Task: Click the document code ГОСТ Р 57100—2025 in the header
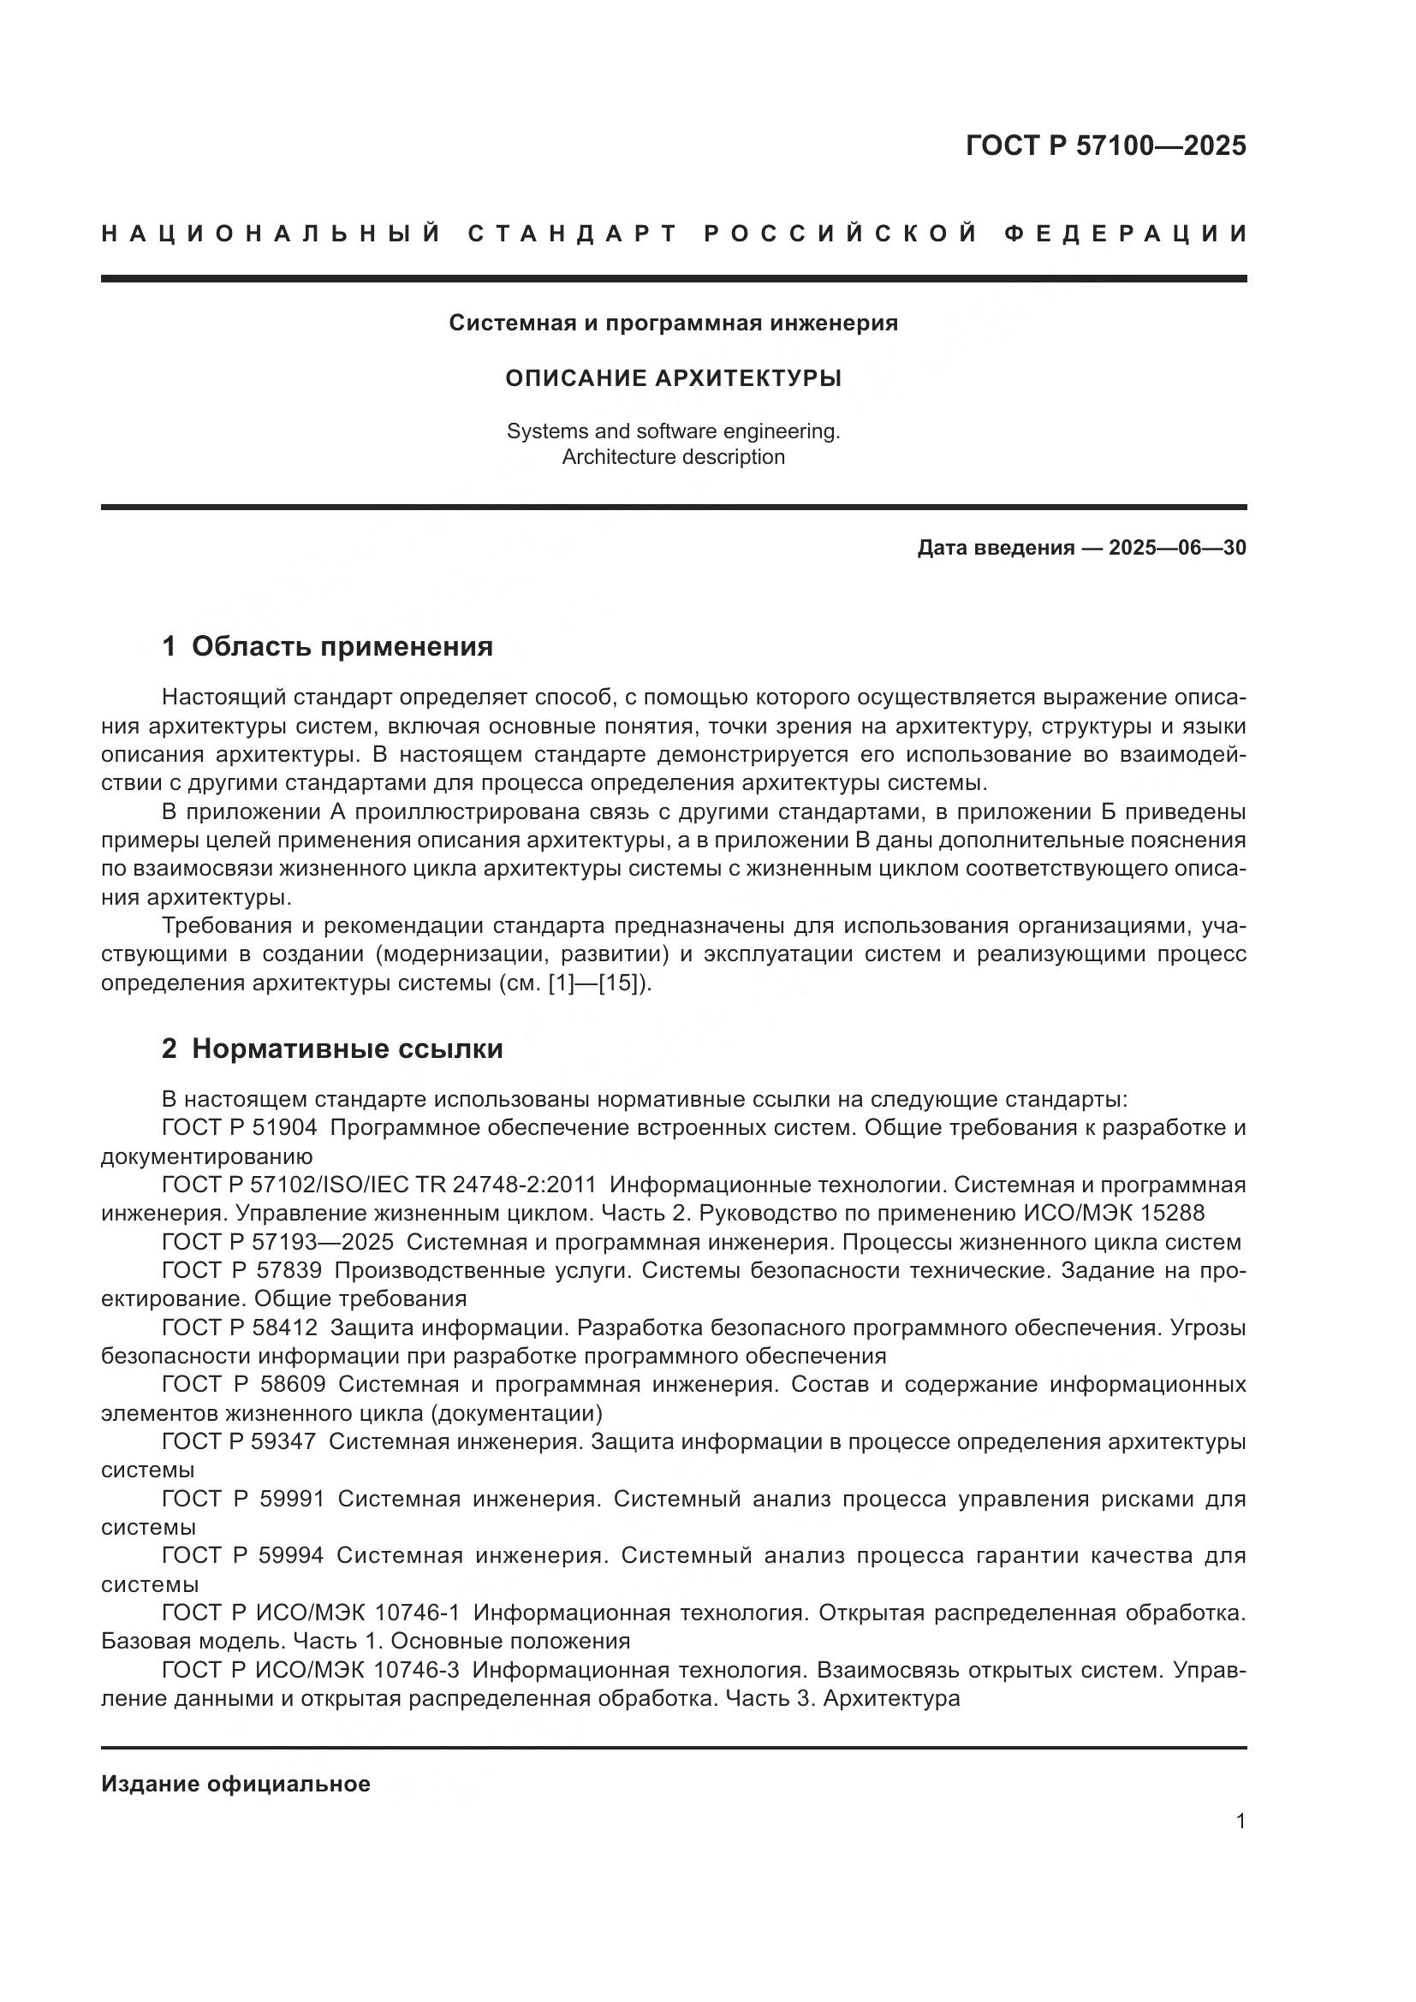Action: pos(1104,146)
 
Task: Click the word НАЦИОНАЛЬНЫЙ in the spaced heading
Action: pos(271,234)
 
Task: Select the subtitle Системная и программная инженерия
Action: pos(673,324)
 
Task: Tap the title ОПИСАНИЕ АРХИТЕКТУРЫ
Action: pos(673,378)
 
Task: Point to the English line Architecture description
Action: pos(673,457)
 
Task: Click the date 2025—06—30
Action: pos(1177,548)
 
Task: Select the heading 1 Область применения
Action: pos(327,646)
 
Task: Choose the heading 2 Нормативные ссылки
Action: pos(332,1049)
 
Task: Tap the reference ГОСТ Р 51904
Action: pos(239,1127)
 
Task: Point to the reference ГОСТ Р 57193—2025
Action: pos(277,1242)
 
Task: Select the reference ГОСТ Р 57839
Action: pos(241,1270)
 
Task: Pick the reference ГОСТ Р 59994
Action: pos(241,1554)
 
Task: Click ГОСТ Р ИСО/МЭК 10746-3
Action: pos(311,1670)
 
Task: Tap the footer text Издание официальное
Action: pos(235,1784)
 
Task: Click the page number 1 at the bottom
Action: pos(1240,1821)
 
